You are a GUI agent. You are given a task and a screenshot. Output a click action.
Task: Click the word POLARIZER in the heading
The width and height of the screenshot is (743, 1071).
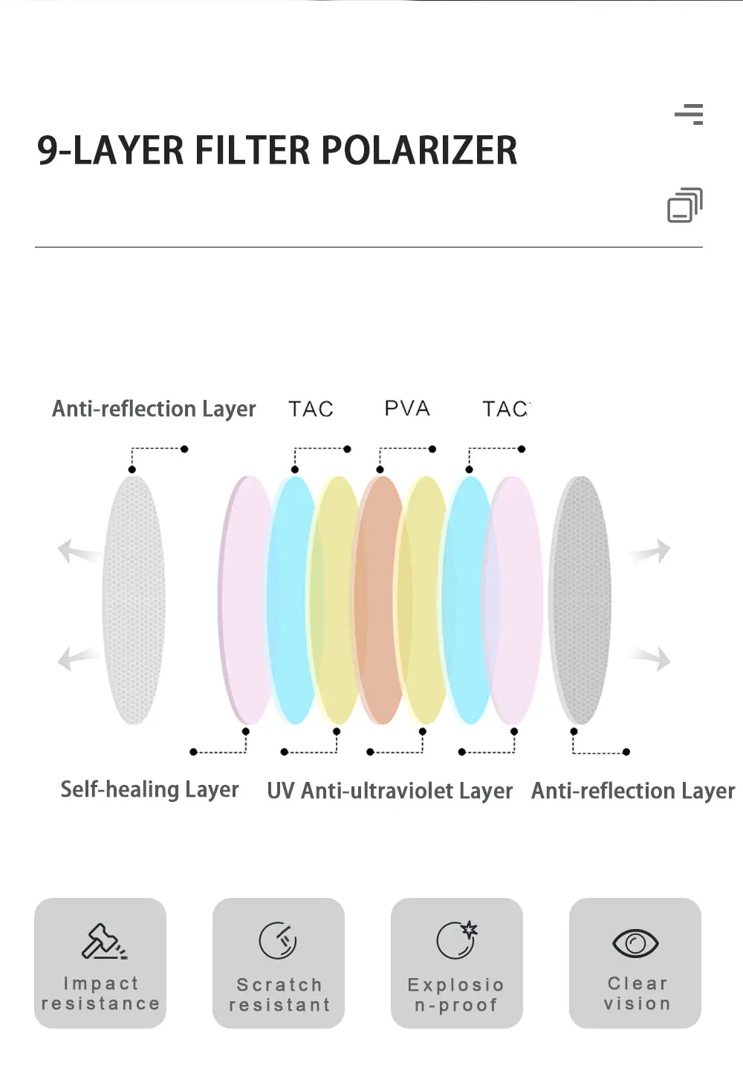[419, 150]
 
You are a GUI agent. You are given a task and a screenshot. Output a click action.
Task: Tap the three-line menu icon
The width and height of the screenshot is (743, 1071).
[689, 114]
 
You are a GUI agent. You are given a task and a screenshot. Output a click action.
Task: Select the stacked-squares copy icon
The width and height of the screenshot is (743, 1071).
[684, 205]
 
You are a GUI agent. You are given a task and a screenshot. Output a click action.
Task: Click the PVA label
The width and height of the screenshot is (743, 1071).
[407, 409]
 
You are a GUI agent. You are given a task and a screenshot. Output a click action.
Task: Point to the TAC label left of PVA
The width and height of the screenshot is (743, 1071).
[311, 410]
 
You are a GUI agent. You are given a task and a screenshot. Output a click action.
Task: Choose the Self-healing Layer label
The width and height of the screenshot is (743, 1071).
[149, 789]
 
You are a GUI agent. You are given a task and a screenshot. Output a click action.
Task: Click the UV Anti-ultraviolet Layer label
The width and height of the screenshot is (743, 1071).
[389, 791]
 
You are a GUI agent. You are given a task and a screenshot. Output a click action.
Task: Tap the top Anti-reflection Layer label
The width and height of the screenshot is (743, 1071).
[154, 409]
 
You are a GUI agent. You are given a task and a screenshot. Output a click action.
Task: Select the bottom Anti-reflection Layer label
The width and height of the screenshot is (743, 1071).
[633, 791]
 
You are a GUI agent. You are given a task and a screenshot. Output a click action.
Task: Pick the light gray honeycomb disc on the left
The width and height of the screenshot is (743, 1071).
[134, 601]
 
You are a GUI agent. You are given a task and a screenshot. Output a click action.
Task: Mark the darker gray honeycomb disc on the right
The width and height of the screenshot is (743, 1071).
[580, 601]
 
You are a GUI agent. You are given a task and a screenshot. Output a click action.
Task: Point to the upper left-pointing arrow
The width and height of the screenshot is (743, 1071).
[76, 551]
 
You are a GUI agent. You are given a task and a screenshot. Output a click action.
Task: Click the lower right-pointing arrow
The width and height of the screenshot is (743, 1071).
[652, 658]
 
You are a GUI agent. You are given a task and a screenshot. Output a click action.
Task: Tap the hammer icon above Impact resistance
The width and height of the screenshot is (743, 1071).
[103, 941]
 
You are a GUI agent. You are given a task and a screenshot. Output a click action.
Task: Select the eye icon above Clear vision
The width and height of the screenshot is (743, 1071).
[635, 943]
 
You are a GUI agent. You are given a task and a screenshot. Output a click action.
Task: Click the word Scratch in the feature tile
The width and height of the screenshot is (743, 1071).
[279, 985]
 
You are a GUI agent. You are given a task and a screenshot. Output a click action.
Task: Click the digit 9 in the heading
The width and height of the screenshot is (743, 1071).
[47, 150]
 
